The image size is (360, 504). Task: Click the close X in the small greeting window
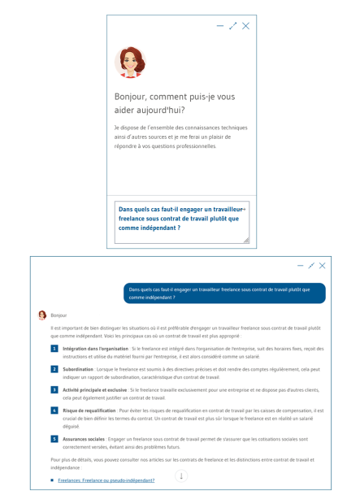pyautogui.click(x=245, y=26)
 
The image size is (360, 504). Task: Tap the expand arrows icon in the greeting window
pyautogui.click(x=233, y=26)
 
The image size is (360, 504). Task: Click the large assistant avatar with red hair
pyautogui.click(x=129, y=62)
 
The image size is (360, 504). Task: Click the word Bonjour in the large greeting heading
pyautogui.click(x=134, y=96)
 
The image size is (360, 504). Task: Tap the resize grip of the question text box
pyautogui.click(x=246, y=240)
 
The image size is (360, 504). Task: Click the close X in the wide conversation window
pyautogui.click(x=322, y=266)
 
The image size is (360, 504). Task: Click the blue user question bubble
pyautogui.click(x=224, y=293)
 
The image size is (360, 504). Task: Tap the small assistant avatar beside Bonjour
pyautogui.click(x=42, y=314)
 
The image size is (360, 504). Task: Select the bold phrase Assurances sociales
pyautogui.click(x=84, y=439)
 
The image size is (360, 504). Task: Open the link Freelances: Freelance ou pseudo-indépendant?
pyautogui.click(x=106, y=480)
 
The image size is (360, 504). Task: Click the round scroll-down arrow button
pyautogui.click(x=180, y=476)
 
